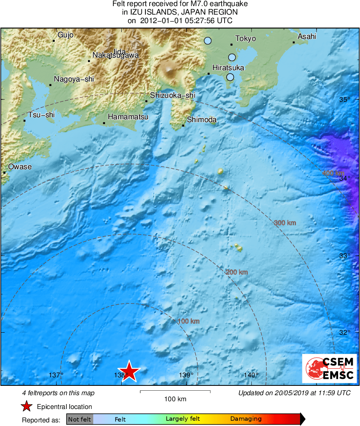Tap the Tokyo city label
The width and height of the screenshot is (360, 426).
pos(246,39)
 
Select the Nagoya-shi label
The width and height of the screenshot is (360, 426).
pos(74,79)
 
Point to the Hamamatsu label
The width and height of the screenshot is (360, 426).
pos(128,117)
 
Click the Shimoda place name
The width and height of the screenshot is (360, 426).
pos(201,120)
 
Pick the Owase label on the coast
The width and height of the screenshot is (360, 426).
pos(20,167)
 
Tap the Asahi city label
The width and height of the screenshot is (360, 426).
pos(307,37)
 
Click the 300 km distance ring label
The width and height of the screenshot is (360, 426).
pos(285,223)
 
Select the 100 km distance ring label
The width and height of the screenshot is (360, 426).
pos(189,321)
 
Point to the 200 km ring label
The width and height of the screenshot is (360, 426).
pos(237,272)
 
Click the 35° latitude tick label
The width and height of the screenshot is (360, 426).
pos(344,100)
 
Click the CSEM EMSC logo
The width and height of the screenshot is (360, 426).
pos(329,368)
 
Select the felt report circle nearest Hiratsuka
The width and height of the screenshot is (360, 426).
pos(230,77)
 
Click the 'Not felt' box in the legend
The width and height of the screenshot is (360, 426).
pos(80,419)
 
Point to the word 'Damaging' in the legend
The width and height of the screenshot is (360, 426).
pos(246,419)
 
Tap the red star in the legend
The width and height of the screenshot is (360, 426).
pos(26,407)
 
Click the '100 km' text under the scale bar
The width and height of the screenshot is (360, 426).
pos(175,399)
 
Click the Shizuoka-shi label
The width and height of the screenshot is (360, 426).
pos(173,95)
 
